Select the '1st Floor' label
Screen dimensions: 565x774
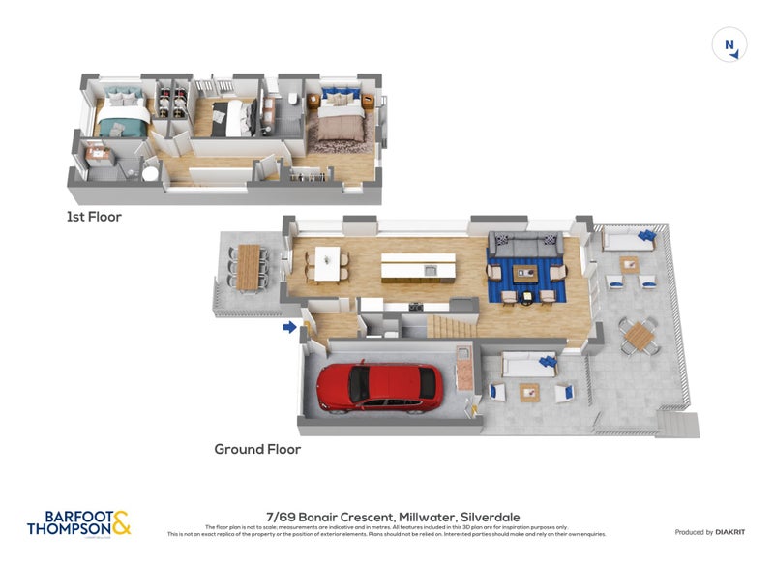pyautogui.click(x=94, y=217)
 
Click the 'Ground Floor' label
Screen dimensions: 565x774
pyautogui.click(x=257, y=449)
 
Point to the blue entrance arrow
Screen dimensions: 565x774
pyautogui.click(x=289, y=328)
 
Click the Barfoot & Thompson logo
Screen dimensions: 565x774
pyautogui.click(x=78, y=523)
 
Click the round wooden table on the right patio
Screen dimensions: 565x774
pyautogui.click(x=640, y=337)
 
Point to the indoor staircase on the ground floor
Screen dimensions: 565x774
pyautogui.click(x=450, y=326)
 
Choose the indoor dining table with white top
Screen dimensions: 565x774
pyautogui.click(x=327, y=261)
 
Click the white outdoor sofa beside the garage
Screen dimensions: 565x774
pyautogui.click(x=526, y=365)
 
